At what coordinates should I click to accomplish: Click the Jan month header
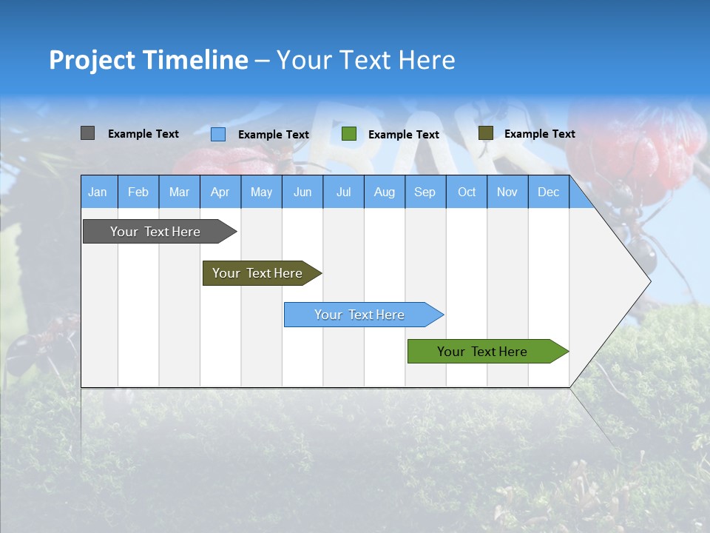(98, 192)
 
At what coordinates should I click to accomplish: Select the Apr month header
(220, 192)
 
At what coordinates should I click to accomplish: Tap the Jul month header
(343, 192)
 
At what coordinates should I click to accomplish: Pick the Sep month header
(425, 192)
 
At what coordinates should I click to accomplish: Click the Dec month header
(548, 192)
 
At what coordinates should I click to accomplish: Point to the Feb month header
(138, 192)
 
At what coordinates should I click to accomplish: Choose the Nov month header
(507, 192)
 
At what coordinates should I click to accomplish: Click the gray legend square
(87, 133)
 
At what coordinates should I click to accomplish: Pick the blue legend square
(218, 134)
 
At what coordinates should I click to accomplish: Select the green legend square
(349, 134)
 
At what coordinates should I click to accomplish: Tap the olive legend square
(485, 133)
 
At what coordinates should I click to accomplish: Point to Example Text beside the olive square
(539, 134)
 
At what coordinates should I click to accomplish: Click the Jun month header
(302, 192)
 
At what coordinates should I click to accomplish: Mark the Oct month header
(467, 192)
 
